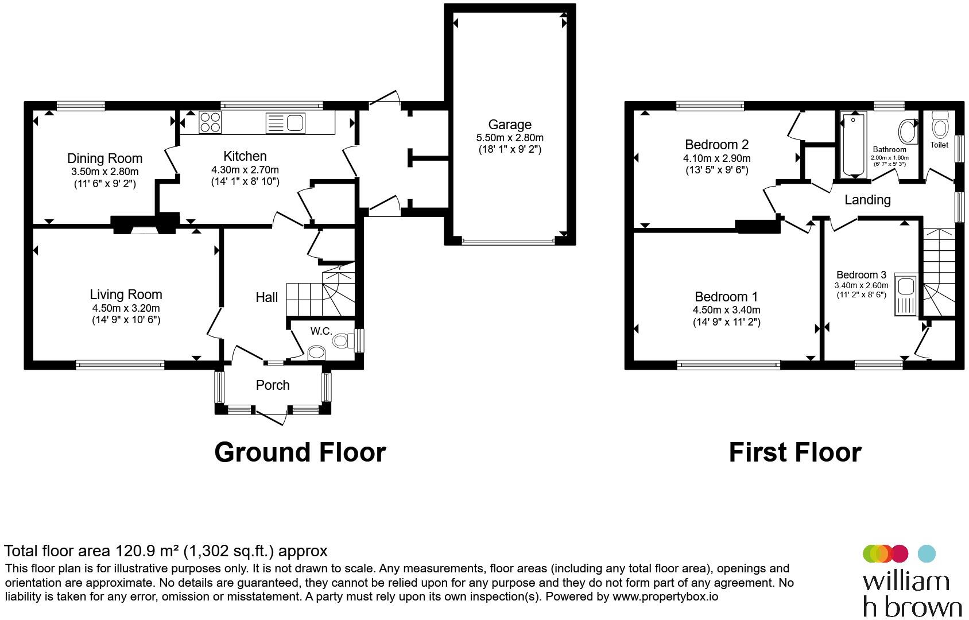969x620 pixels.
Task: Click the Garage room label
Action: pos(510,125)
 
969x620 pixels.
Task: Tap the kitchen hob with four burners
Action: pos(210,122)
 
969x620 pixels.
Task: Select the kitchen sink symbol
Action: pos(285,123)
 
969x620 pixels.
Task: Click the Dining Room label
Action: pos(104,158)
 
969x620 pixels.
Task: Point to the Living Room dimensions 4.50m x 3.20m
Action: pos(126,308)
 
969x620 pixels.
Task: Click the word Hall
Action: pos(266,297)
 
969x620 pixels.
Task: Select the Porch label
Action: pos(273,385)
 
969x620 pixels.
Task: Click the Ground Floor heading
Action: pos(300,452)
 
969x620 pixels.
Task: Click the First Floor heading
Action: pos(795,452)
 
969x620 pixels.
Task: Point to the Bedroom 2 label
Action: pos(716,144)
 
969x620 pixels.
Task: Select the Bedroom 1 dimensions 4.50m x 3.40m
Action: pos(726,310)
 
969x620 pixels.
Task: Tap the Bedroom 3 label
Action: pos(861,275)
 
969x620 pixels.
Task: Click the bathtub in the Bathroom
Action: pos(854,145)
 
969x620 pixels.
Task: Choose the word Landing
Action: pos(867,199)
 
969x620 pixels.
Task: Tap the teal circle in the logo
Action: pos(927,553)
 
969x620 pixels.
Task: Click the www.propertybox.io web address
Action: pos(665,596)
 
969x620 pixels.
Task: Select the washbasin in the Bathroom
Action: pos(908,131)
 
